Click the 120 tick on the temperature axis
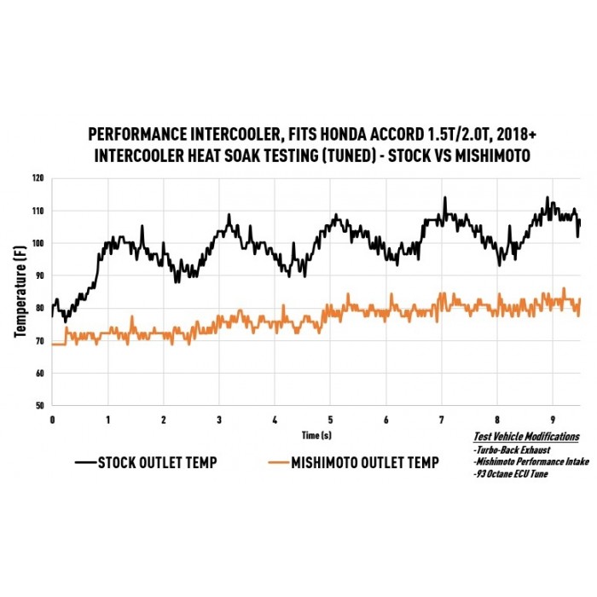coord(38,179)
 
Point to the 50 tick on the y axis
coord(40,406)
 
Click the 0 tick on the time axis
coord(52,420)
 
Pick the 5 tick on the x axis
coord(330,420)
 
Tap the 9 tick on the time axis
coord(553,420)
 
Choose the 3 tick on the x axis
coord(219,420)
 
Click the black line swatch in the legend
coord(84,463)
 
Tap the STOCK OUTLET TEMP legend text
coord(157,463)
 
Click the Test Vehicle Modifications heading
coord(526,437)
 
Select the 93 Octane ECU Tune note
coord(511,473)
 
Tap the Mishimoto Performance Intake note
coord(525,461)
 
